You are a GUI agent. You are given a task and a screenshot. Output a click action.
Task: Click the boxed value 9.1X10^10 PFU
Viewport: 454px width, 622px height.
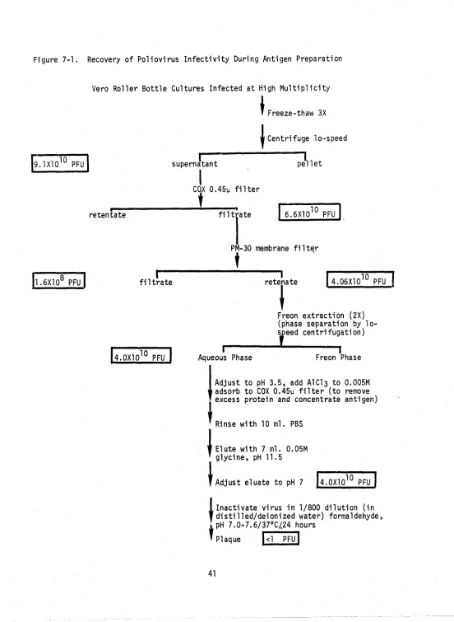(60, 163)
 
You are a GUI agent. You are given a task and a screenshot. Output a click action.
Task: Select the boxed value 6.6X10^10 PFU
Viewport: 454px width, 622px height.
(309, 213)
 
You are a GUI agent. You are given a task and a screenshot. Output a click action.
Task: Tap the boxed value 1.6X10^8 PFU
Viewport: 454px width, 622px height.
(58, 280)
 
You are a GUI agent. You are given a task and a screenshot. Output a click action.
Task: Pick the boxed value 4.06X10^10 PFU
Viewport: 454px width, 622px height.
(360, 279)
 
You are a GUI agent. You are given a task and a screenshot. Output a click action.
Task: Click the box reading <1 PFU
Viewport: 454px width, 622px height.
(280, 539)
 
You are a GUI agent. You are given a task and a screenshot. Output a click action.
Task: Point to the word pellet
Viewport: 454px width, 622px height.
(309, 163)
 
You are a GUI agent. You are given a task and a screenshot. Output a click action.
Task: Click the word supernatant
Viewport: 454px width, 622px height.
(194, 164)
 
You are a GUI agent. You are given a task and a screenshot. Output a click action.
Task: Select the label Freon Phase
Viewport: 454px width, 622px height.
(338, 358)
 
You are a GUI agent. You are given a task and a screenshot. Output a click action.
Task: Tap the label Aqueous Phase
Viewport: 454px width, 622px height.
(225, 358)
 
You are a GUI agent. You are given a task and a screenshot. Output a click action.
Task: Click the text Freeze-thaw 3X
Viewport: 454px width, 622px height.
(297, 113)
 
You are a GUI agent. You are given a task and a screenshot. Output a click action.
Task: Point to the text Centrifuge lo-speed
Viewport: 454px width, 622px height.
(307, 138)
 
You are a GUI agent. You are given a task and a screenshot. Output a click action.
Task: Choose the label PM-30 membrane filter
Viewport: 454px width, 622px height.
(275, 248)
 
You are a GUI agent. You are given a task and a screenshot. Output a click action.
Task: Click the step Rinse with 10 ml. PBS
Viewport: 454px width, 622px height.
(259, 424)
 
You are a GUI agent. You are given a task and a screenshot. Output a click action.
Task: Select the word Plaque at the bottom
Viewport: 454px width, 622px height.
(228, 540)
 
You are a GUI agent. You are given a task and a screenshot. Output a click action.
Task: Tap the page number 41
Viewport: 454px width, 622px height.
(212, 573)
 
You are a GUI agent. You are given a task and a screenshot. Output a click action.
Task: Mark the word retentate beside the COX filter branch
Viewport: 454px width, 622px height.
(107, 215)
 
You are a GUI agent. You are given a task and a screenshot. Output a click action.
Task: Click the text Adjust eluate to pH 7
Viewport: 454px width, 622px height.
(259, 483)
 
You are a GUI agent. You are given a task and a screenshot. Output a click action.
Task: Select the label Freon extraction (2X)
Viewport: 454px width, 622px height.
(321, 316)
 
